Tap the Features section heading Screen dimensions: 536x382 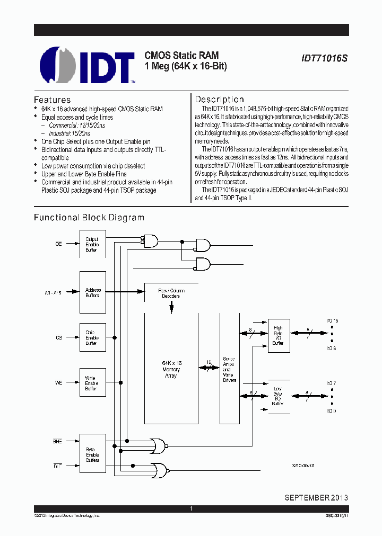[x=52, y=100]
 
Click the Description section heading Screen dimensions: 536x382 [x=219, y=99]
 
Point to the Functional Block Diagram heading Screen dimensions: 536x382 [x=89, y=218]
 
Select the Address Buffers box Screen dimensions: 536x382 [x=92, y=292]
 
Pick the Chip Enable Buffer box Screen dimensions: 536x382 [x=92, y=338]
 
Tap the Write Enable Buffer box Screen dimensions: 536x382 [x=92, y=383]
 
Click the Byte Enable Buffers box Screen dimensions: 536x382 [x=92, y=455]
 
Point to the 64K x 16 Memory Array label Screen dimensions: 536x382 [x=171, y=369]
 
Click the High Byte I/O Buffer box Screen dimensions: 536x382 [x=279, y=335]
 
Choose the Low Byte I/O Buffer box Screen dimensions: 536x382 [x=279, y=396]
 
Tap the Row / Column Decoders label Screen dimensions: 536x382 [x=171, y=293]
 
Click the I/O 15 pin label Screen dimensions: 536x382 [x=332, y=321]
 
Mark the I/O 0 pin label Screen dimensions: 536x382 [x=331, y=411]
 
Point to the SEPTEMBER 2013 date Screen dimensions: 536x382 [x=316, y=498]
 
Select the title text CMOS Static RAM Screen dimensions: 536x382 [x=181, y=56]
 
